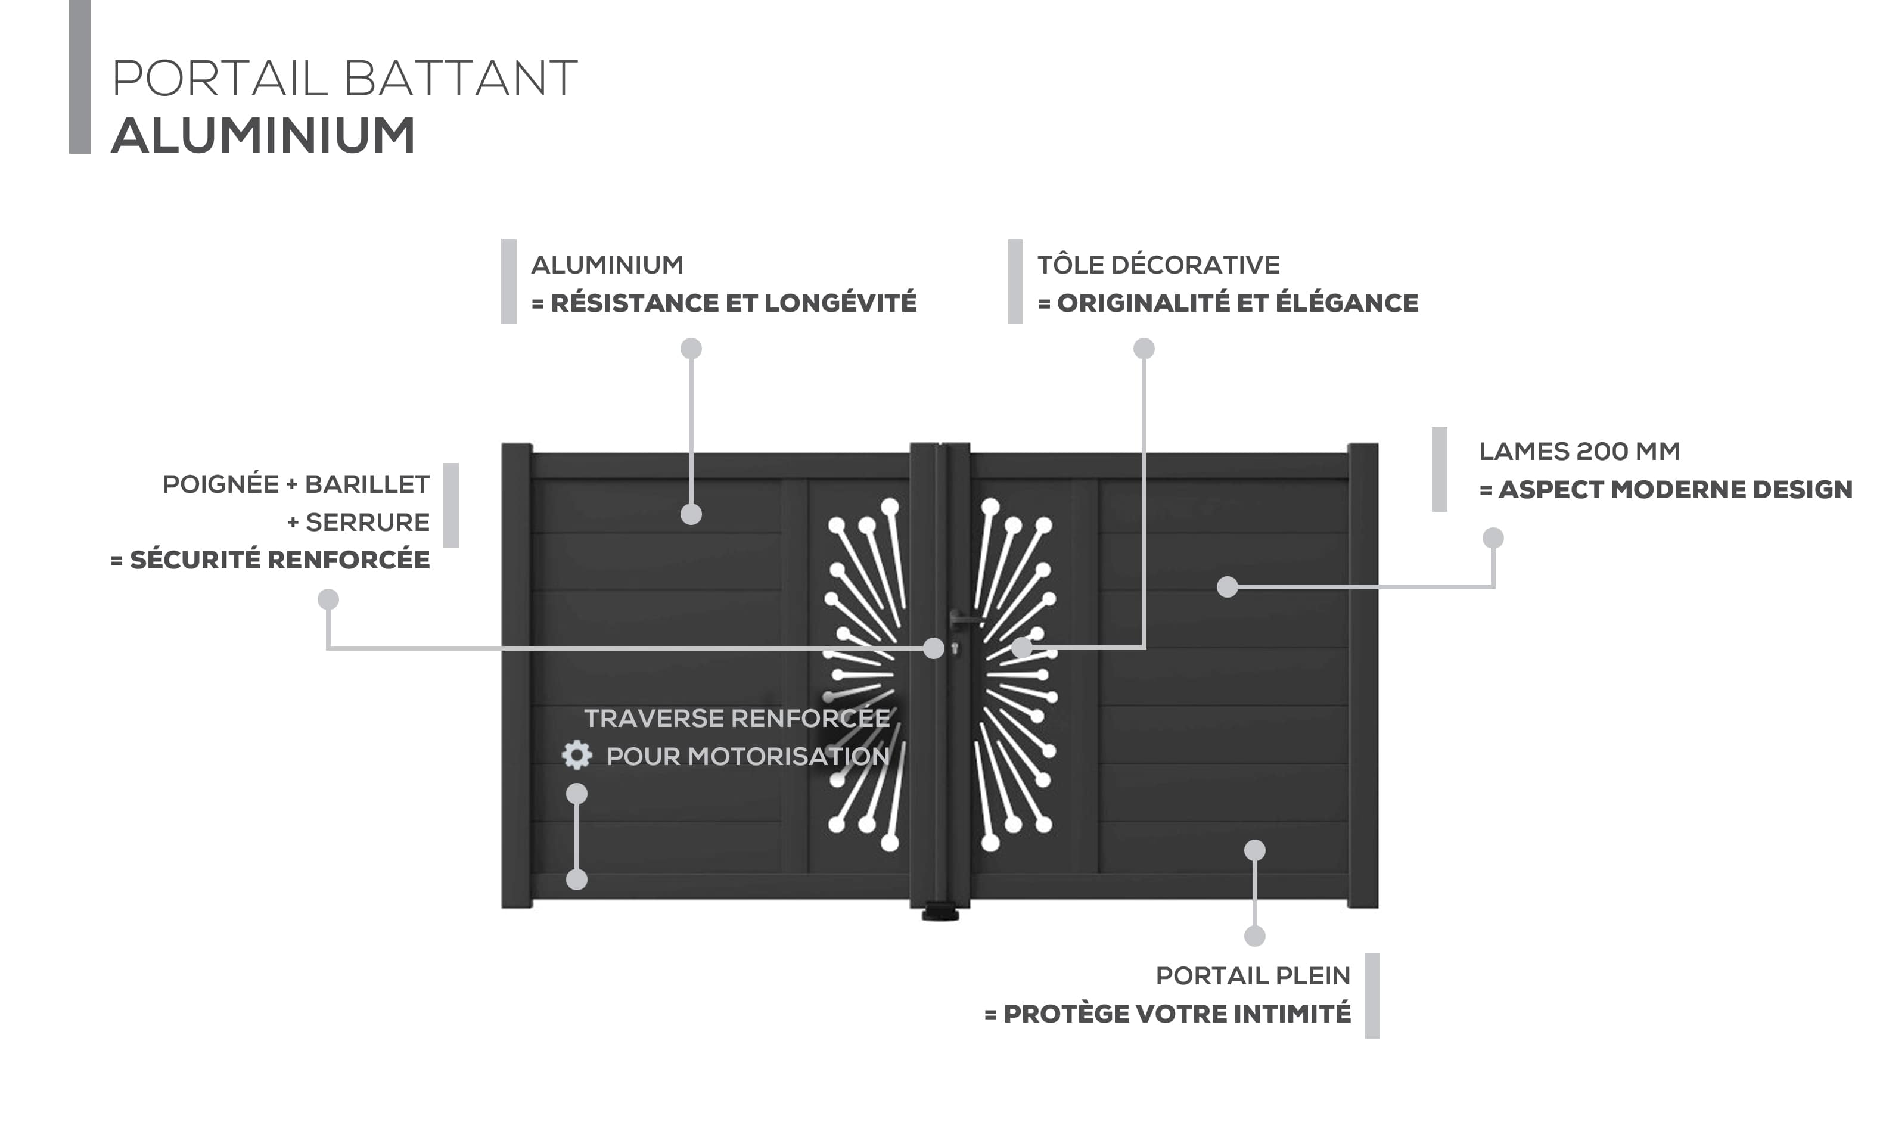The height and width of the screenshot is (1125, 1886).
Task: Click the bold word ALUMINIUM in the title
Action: pos(263,136)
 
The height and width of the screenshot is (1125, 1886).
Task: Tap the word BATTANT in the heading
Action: pos(460,78)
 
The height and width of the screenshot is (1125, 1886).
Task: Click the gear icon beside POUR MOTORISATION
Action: pos(577,755)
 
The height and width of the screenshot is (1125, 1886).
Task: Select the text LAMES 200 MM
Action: pos(1580,451)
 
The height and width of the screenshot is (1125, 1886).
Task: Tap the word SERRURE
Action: pos(368,523)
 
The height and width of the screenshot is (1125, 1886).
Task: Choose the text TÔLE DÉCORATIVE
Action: pos(1158,265)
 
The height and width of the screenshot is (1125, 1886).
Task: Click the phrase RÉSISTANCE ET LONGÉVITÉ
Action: pos(734,303)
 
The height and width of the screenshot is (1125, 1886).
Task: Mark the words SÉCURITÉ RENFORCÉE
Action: pos(279,560)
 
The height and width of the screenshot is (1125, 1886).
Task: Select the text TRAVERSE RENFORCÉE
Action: pos(737,718)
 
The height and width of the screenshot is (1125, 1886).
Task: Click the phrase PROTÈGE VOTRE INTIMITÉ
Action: pos(1177,1014)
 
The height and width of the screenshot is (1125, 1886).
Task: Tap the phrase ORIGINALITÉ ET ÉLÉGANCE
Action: pos(1238,303)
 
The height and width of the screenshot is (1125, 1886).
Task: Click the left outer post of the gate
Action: pos(517,676)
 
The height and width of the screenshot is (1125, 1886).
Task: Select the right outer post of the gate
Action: pos(1363,676)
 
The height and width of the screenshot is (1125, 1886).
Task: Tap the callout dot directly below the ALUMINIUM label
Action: pos(691,349)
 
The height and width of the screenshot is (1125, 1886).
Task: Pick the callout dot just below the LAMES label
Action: pos(1493,538)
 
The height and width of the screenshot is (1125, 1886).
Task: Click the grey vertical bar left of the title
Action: pos(80,76)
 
